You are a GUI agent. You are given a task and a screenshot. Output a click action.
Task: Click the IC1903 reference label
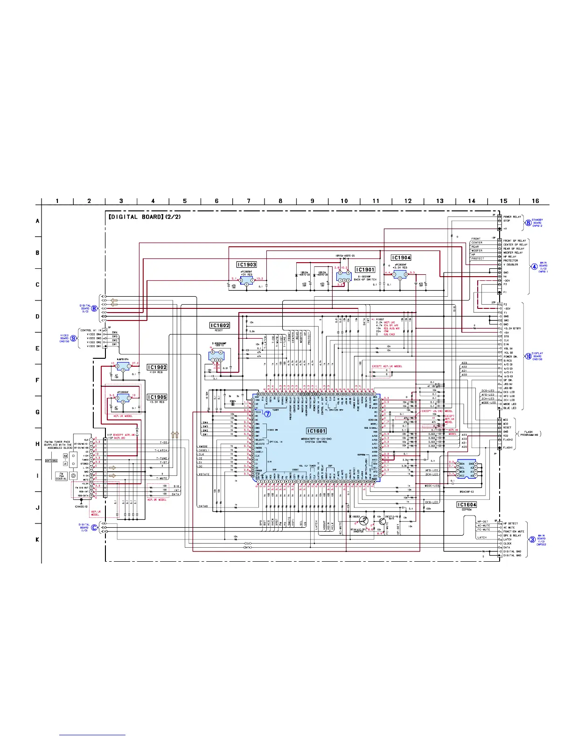point(247,265)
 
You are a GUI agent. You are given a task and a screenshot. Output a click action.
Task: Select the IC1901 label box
point(365,270)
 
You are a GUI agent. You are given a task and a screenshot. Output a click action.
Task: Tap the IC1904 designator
point(401,258)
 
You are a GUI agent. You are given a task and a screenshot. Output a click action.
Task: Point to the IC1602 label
point(220,326)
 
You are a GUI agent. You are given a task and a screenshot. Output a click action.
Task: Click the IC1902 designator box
point(157,367)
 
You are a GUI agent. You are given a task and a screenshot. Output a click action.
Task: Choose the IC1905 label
point(157,397)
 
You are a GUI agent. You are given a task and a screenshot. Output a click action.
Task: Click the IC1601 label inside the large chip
point(316,431)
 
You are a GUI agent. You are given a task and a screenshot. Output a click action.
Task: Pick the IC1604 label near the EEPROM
point(467,505)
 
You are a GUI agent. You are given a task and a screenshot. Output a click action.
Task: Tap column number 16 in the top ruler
point(535,201)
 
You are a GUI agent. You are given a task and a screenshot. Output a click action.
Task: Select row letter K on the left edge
point(38,540)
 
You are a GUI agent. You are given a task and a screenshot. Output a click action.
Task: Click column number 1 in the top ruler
point(57,201)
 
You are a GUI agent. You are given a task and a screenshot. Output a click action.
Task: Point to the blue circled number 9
point(73,338)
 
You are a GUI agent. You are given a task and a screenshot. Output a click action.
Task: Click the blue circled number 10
point(529,356)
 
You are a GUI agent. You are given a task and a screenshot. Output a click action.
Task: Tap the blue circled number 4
point(535,267)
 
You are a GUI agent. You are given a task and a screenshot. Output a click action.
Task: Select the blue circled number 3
point(532,540)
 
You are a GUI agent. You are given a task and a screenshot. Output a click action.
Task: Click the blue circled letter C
point(94,528)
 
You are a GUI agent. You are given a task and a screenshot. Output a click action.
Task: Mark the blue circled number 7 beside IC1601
point(268,414)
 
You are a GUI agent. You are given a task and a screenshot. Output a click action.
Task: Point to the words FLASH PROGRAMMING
point(528,434)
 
